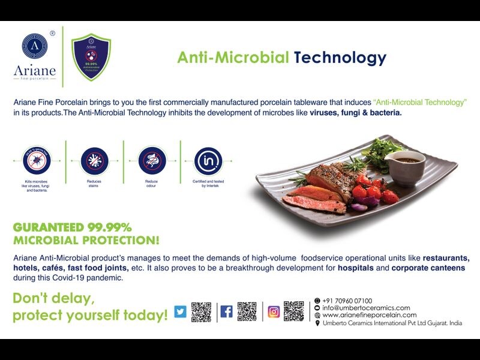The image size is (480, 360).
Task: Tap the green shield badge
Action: click(91, 58)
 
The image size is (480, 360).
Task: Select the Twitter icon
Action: click(180, 311)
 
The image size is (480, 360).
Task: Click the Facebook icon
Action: click(226, 311)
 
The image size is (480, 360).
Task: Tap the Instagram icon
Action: click(274, 311)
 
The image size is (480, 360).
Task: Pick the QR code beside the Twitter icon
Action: click(201, 311)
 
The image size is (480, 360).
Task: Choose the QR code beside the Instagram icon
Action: click(294, 311)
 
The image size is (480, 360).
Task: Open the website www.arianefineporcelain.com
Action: click(369, 315)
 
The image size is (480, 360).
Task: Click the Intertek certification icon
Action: click(208, 160)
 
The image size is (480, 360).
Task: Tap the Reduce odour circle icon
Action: click(151, 160)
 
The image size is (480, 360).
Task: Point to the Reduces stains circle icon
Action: click(93, 160)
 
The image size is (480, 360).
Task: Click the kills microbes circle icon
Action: click(37, 160)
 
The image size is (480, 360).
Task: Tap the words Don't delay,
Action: click(54, 298)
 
